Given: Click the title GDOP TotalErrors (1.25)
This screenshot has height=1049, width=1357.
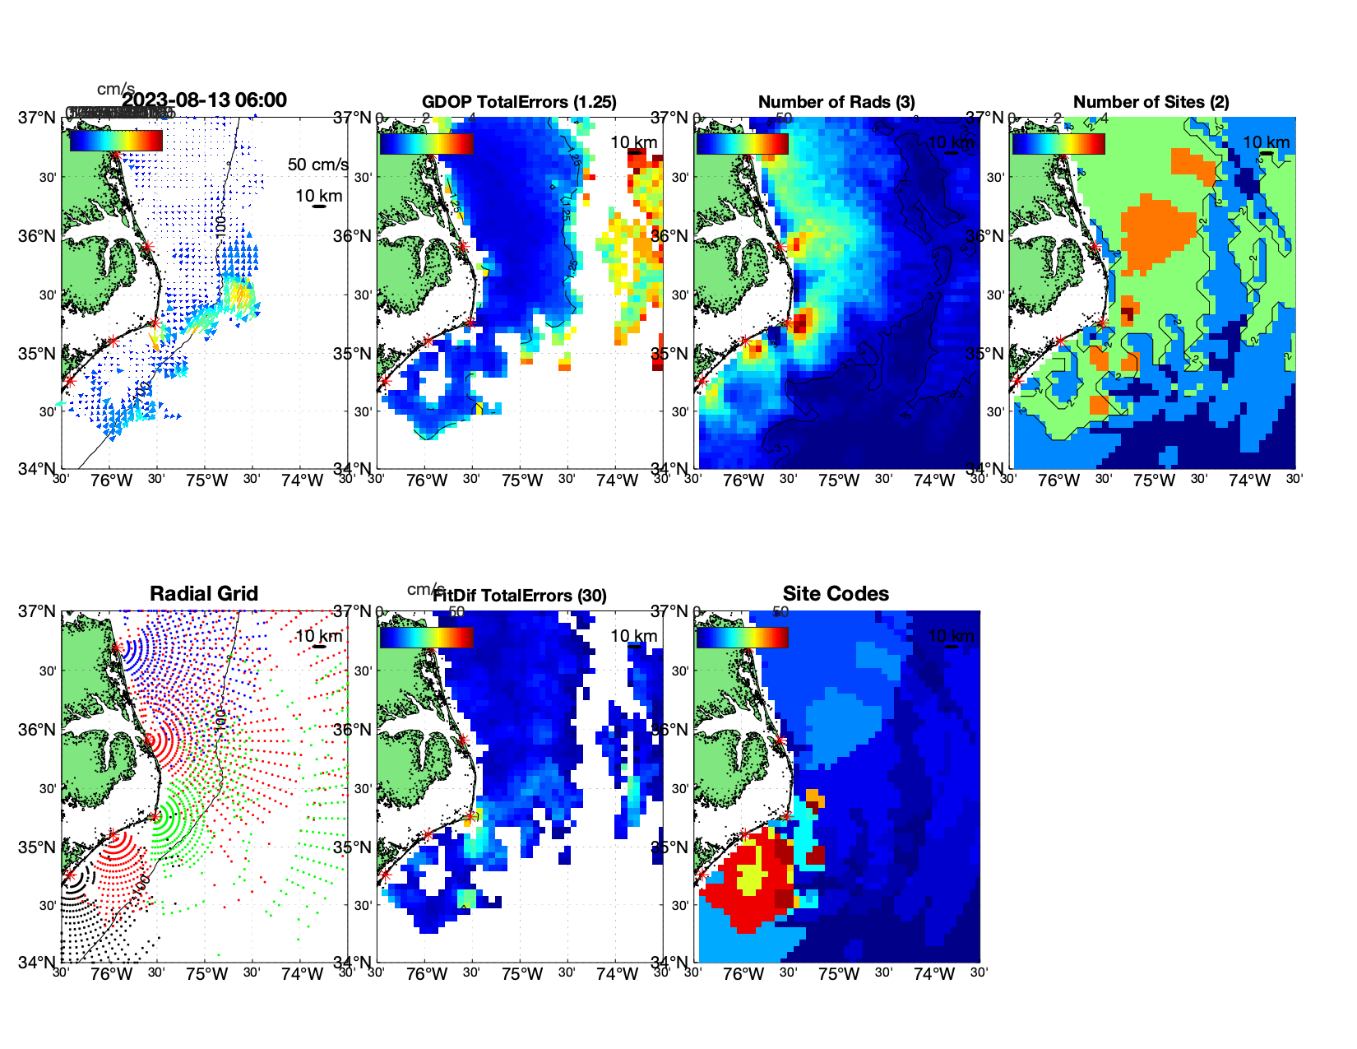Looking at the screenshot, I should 519,102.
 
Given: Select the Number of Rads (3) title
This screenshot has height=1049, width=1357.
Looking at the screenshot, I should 836,102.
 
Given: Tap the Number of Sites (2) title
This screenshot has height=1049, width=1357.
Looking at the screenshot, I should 1151,102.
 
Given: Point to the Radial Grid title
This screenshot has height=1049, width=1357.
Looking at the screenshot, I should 204,594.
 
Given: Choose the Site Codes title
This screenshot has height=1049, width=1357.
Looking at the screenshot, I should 836,594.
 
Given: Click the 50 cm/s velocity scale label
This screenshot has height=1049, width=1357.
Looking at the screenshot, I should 317,165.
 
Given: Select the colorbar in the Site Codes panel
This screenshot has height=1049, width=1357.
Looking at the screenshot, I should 743,637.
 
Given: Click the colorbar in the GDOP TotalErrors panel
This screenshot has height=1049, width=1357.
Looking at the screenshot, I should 427,143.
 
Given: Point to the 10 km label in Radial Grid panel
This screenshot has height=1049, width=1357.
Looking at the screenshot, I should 318,636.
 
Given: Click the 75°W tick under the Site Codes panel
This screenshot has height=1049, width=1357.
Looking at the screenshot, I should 838,974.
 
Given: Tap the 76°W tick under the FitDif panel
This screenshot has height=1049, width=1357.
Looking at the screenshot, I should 427,974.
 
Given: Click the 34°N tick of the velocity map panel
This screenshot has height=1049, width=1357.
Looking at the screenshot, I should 39,469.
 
